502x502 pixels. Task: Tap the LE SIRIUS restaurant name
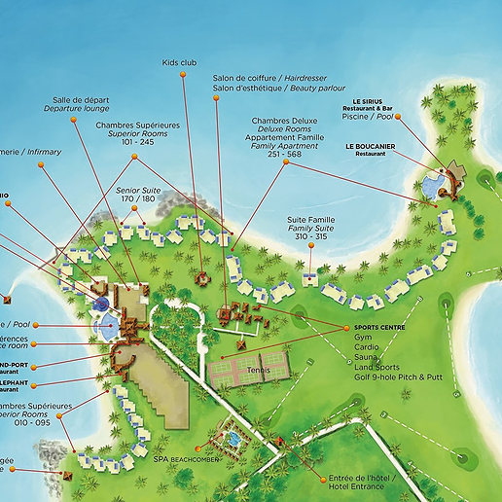[368, 100]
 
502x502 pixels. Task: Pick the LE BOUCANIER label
[371, 146]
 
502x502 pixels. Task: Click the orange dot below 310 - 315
[309, 245]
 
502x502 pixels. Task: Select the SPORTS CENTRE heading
[378, 328]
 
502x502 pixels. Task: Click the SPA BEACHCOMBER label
[185, 457]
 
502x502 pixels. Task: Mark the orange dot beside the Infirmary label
[41, 165]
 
